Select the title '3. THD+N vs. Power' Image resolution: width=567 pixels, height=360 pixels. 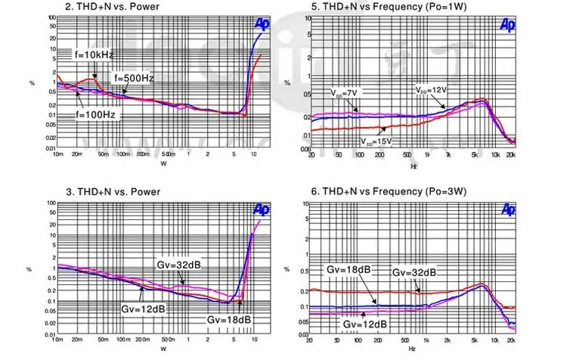click(x=110, y=191)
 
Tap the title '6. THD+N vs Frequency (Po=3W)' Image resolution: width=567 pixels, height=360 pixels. click(x=382, y=192)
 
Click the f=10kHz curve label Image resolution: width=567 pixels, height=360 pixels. click(x=94, y=55)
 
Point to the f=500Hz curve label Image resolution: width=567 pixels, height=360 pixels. click(x=134, y=78)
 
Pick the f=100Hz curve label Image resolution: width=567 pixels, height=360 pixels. click(x=94, y=115)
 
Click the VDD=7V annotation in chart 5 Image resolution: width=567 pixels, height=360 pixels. click(x=342, y=92)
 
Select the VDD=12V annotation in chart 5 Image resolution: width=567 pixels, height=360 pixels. click(x=431, y=90)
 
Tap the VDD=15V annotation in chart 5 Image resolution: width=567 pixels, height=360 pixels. click(x=376, y=141)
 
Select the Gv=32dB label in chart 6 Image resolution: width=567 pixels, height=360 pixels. click(x=414, y=272)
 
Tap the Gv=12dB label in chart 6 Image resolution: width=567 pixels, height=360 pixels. click(x=365, y=324)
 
